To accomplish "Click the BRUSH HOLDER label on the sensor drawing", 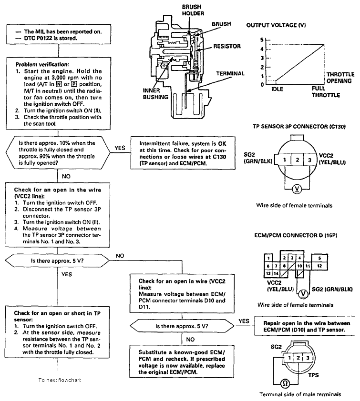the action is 193,10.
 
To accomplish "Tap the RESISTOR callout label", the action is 227,46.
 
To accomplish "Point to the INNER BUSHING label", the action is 155,94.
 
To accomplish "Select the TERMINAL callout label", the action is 230,74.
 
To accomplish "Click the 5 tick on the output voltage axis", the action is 262,40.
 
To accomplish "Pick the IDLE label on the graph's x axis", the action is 278,89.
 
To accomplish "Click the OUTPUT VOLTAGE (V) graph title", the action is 276,25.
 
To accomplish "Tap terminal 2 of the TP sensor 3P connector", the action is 297,160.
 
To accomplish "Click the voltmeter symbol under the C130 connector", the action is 297,189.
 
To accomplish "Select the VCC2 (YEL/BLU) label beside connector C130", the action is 332,159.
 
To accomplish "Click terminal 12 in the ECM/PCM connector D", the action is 319,266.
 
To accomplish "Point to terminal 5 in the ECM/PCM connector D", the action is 319,258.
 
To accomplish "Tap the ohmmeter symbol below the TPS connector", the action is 285,383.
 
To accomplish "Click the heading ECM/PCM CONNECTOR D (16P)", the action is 296,235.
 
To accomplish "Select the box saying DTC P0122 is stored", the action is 59,34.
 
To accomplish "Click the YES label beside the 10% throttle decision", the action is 120,148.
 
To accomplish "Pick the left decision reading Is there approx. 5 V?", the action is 57,261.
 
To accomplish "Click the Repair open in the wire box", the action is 305,326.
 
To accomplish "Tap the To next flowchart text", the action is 60,380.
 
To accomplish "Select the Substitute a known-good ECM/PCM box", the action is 182,361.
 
